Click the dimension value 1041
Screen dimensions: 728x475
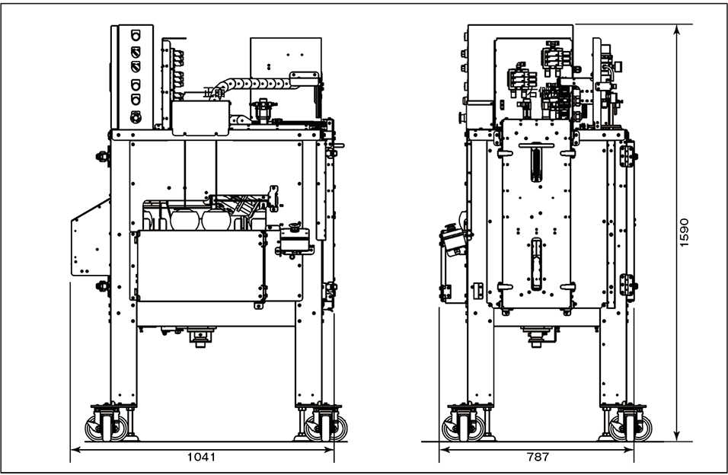pyautogui.click(x=202, y=457)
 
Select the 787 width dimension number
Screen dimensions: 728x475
pyautogui.click(x=538, y=457)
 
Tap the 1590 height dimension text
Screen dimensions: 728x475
pyautogui.click(x=684, y=233)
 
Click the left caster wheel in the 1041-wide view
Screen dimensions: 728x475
pyautogui.click(x=107, y=427)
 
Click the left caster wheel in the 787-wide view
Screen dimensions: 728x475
pyautogui.click(x=463, y=427)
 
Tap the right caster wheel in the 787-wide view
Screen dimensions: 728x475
pyautogui.click(x=630, y=427)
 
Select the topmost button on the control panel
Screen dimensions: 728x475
pyautogui.click(x=136, y=35)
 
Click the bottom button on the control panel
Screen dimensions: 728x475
pyautogui.click(x=136, y=116)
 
